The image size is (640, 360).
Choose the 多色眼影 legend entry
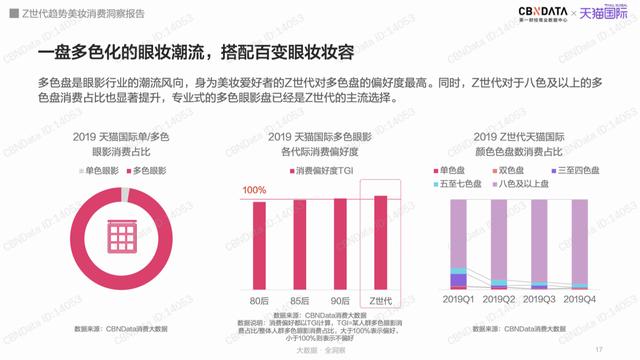(148, 172)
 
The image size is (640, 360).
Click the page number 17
(597, 349)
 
